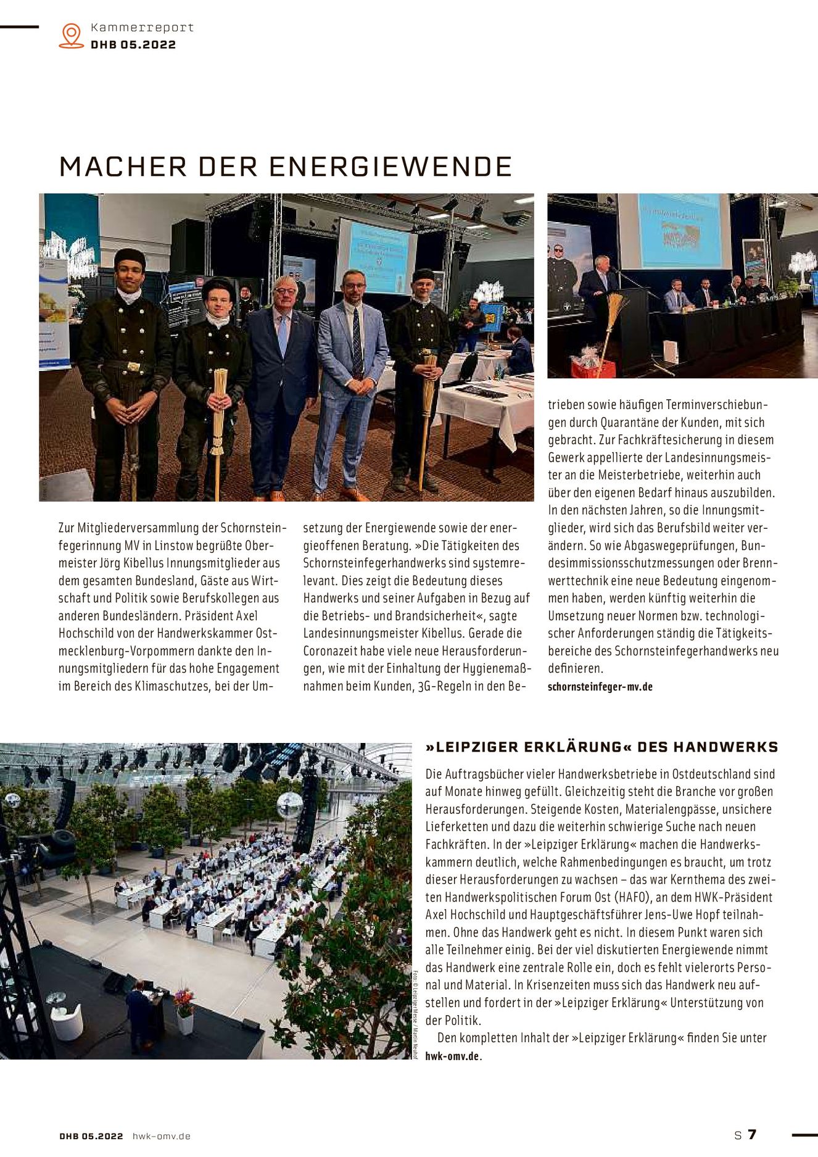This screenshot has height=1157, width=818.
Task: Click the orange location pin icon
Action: pyautogui.click(x=72, y=36)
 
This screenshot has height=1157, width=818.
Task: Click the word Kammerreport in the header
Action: pyautogui.click(x=142, y=28)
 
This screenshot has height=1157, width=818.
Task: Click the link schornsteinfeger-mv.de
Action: pyautogui.click(x=600, y=686)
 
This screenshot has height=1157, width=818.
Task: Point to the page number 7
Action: pyautogui.click(x=752, y=1134)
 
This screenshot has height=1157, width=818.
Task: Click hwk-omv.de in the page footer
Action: pyautogui.click(x=162, y=1136)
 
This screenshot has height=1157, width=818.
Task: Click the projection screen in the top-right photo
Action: pyautogui.click(x=674, y=231)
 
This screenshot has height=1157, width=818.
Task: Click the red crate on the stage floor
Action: pyautogui.click(x=592, y=368)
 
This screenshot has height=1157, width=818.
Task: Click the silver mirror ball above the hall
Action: pyautogui.click(x=289, y=804)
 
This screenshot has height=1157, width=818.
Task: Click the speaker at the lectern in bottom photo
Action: pyautogui.click(x=138, y=1018)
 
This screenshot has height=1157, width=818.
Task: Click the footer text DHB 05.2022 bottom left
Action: pyautogui.click(x=91, y=1136)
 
